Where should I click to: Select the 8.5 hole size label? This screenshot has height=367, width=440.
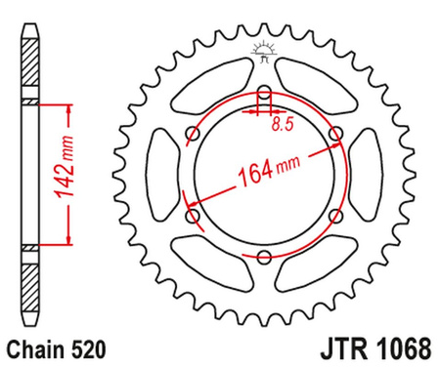coord(282,125)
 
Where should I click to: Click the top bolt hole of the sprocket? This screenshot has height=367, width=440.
coord(265,95)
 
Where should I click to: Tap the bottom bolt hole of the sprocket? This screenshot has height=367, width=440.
coord(265,257)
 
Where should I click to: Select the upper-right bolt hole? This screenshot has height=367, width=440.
coord(336,135)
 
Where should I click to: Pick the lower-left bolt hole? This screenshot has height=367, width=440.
coord(194,216)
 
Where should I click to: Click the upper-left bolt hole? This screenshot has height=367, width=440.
coord(194,136)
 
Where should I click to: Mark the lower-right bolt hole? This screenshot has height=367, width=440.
coord(336,216)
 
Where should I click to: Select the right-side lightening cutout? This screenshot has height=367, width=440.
coord(368,176)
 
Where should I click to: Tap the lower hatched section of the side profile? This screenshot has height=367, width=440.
coord(30,278)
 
